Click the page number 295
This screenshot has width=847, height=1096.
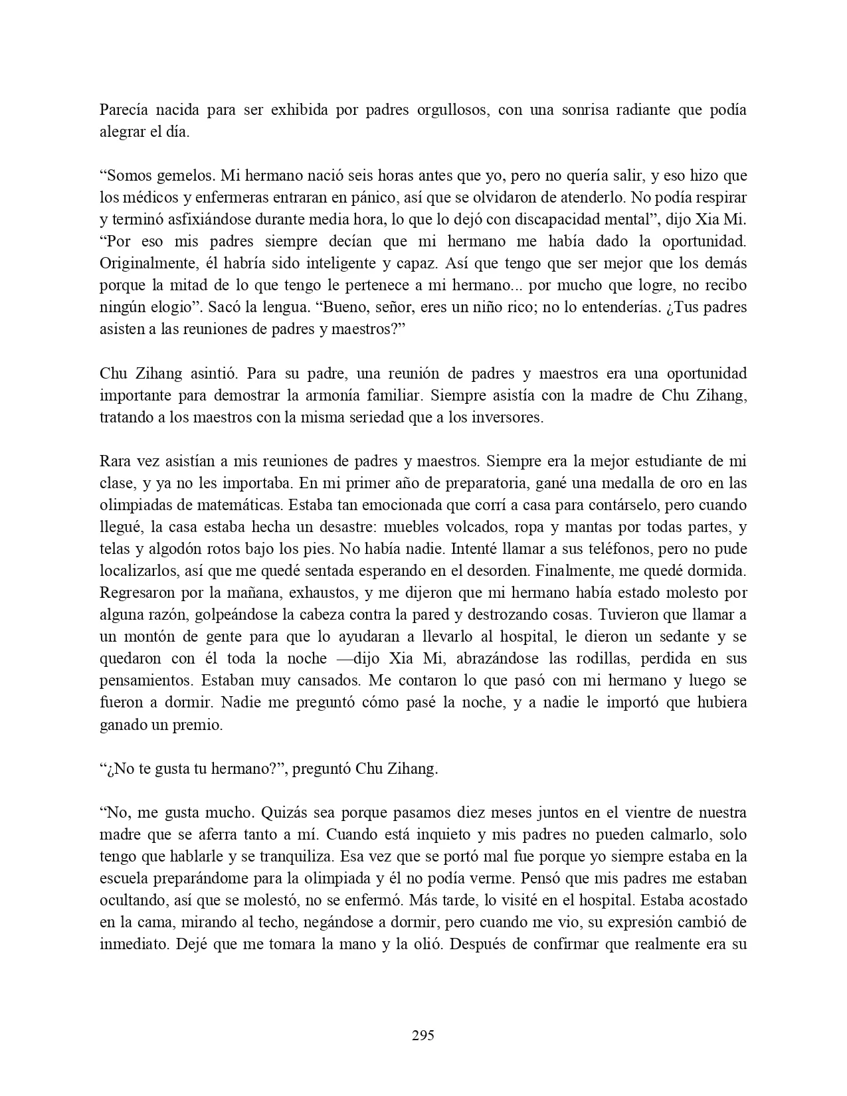(423, 1035)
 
